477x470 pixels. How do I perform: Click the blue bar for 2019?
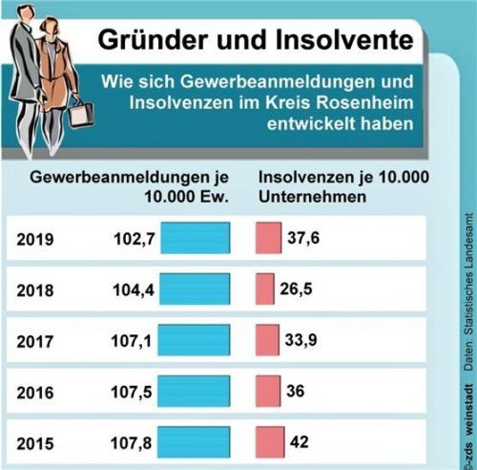(196, 238)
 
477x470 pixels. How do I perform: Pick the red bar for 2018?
(264, 288)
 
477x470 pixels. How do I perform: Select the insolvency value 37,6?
(302, 238)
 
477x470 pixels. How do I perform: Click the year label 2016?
(35, 393)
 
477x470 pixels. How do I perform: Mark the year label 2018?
(35, 289)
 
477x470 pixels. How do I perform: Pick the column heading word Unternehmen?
(308, 197)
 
